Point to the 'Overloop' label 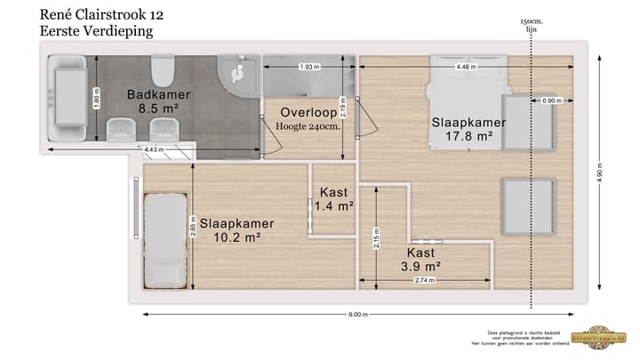pos(308,113)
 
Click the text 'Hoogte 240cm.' pos(308,127)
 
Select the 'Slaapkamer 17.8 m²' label pos(462,129)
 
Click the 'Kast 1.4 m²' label pos(335,199)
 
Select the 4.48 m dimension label pos(464,67)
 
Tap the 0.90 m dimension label pos(551,101)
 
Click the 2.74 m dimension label pos(425,281)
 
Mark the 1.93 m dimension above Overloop pos(308,67)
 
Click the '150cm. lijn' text pos(532,24)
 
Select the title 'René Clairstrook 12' pos(101,15)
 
